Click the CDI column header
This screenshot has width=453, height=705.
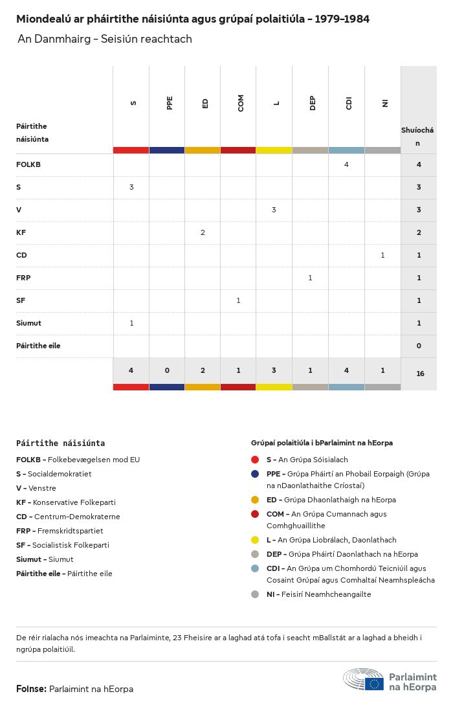pyautogui.click(x=349, y=103)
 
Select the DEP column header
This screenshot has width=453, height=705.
pyautogui.click(x=313, y=103)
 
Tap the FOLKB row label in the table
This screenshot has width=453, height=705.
pyautogui.click(x=28, y=164)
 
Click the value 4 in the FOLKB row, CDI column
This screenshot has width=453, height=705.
pyautogui.click(x=346, y=164)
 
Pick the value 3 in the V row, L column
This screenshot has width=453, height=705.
pyautogui.click(x=274, y=210)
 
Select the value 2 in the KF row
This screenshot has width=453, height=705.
pyautogui.click(x=203, y=232)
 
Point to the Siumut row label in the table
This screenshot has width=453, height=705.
pyautogui.click(x=28, y=323)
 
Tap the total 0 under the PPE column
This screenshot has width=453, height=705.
pyautogui.click(x=167, y=370)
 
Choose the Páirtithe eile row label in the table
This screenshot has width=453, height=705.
pyautogui.click(x=38, y=346)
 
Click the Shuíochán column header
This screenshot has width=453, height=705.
pyautogui.click(x=417, y=136)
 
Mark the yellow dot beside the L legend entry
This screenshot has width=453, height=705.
pyautogui.click(x=255, y=540)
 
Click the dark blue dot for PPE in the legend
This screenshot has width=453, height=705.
pyautogui.click(x=255, y=474)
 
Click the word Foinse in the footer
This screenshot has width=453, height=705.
pyautogui.click(x=30, y=689)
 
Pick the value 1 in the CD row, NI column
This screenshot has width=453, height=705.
pyautogui.click(x=382, y=255)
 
